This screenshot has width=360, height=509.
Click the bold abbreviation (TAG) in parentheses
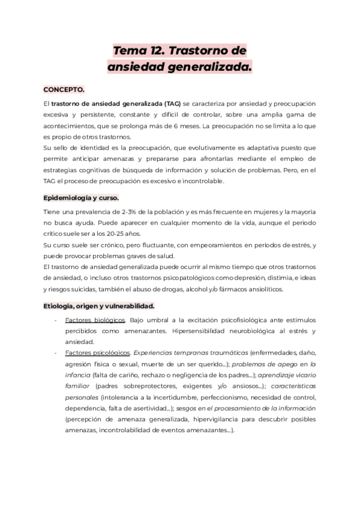(172, 104)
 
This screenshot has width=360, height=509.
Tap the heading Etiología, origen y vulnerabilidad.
(98, 305)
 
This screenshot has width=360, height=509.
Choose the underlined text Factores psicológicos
(97, 352)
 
